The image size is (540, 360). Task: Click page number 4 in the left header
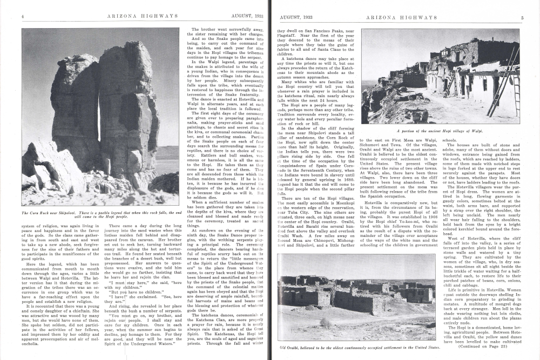[x=23, y=17]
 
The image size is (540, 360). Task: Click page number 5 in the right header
[x=522, y=17]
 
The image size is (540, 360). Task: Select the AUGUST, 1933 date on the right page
[x=297, y=17]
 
